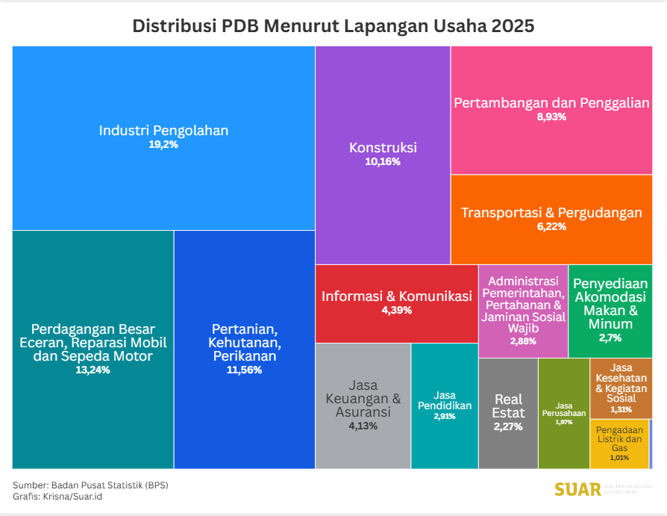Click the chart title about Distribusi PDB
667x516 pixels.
[x=333, y=26]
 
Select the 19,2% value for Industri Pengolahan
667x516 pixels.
[x=163, y=145]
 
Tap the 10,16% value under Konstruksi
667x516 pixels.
[x=383, y=162]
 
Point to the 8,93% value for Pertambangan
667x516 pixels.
[x=551, y=117]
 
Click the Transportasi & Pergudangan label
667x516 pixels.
[x=551, y=213]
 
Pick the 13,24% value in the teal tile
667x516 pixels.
[x=93, y=370]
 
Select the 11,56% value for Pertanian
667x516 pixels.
[x=244, y=370]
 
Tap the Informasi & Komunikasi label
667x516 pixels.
[x=397, y=296]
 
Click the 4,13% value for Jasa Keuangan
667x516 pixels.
[x=363, y=426]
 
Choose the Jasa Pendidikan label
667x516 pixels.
[x=445, y=400]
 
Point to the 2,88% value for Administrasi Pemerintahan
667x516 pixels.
[x=523, y=341]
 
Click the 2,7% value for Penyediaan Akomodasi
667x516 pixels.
[x=610, y=338]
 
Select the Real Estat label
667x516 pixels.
[x=508, y=406]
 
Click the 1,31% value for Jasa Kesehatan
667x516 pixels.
[x=621, y=409]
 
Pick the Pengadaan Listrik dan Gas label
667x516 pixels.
[x=620, y=439]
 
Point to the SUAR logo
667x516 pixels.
[x=578, y=489]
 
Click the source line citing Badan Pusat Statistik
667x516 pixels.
[x=90, y=485]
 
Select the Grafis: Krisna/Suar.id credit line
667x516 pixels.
[x=57, y=496]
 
